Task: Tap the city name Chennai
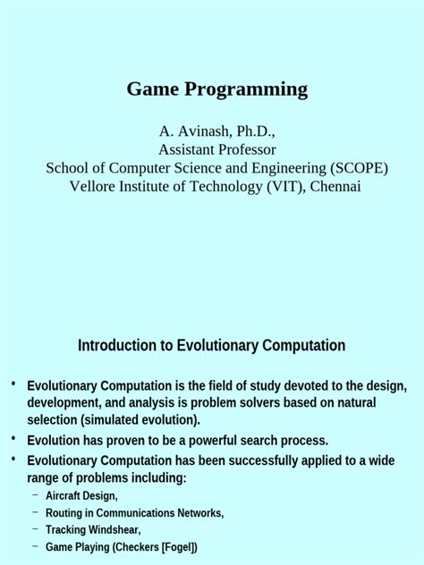tap(335, 186)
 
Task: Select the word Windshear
tap(114, 530)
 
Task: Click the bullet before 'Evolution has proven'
tap(13, 439)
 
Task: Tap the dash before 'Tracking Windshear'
tap(36, 529)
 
